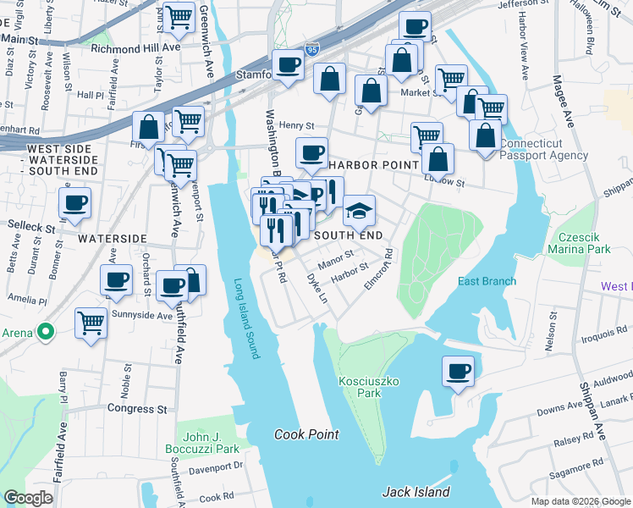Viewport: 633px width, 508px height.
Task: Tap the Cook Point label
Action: (x=306, y=434)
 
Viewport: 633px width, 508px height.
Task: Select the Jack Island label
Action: (x=416, y=491)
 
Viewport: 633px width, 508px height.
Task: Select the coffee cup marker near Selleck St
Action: (x=75, y=203)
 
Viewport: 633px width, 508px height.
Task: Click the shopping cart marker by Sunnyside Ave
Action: (x=91, y=322)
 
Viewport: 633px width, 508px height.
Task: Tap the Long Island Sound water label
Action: (x=245, y=318)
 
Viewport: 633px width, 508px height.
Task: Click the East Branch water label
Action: (x=487, y=281)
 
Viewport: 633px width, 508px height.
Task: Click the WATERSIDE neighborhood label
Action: (x=113, y=239)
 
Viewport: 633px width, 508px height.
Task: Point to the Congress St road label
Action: (x=137, y=408)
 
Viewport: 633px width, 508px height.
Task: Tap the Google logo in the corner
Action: (x=29, y=498)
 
